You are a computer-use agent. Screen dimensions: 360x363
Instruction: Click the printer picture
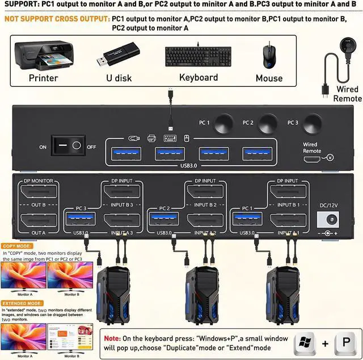43,56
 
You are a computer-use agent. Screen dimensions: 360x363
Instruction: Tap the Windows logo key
305,343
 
